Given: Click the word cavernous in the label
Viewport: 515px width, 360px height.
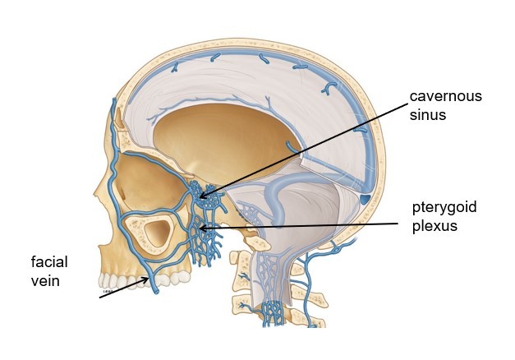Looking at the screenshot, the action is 445,96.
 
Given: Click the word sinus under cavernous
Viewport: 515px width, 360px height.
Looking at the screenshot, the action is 426,115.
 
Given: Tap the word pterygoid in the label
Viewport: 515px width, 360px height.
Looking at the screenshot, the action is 444,206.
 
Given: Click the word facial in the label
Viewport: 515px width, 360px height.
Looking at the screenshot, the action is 48,262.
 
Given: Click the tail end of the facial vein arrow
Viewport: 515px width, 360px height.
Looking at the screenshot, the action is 100,298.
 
